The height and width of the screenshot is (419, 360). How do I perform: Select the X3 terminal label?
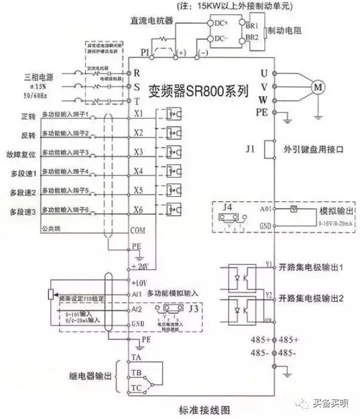[x=139, y=152]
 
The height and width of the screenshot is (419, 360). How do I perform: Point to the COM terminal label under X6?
[x=138, y=230]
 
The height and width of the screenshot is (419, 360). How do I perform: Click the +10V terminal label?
[x=138, y=282]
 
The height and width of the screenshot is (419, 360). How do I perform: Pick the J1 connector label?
[x=251, y=146]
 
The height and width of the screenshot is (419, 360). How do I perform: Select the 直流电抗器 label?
[x=152, y=20]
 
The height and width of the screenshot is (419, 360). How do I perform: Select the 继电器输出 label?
[x=91, y=377]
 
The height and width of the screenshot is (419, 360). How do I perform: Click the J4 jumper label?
[x=227, y=207]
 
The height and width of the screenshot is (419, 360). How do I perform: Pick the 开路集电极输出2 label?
[x=312, y=298]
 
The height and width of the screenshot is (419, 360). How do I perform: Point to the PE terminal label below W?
[x=261, y=112]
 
